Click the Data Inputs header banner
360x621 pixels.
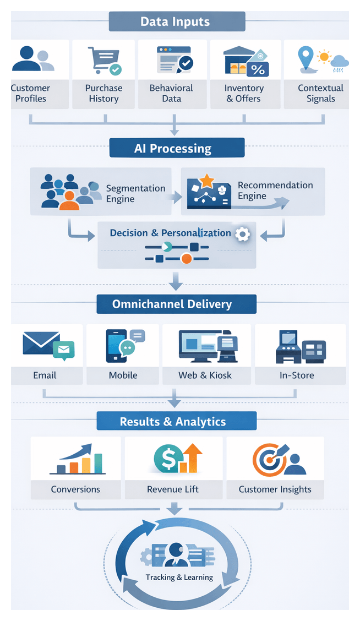click(176, 22)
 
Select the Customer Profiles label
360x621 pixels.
click(30, 94)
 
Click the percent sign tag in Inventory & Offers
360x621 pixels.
click(257, 69)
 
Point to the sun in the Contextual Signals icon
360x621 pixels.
click(324, 56)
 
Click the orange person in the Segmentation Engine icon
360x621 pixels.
click(69, 201)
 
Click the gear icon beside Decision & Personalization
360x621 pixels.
click(242, 234)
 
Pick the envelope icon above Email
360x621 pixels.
click(41, 343)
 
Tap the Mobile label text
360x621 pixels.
click(123, 375)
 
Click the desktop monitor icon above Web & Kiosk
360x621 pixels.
click(198, 346)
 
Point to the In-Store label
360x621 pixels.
click(297, 375)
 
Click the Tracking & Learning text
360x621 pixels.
click(179, 577)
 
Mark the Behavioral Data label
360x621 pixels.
click(171, 94)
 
